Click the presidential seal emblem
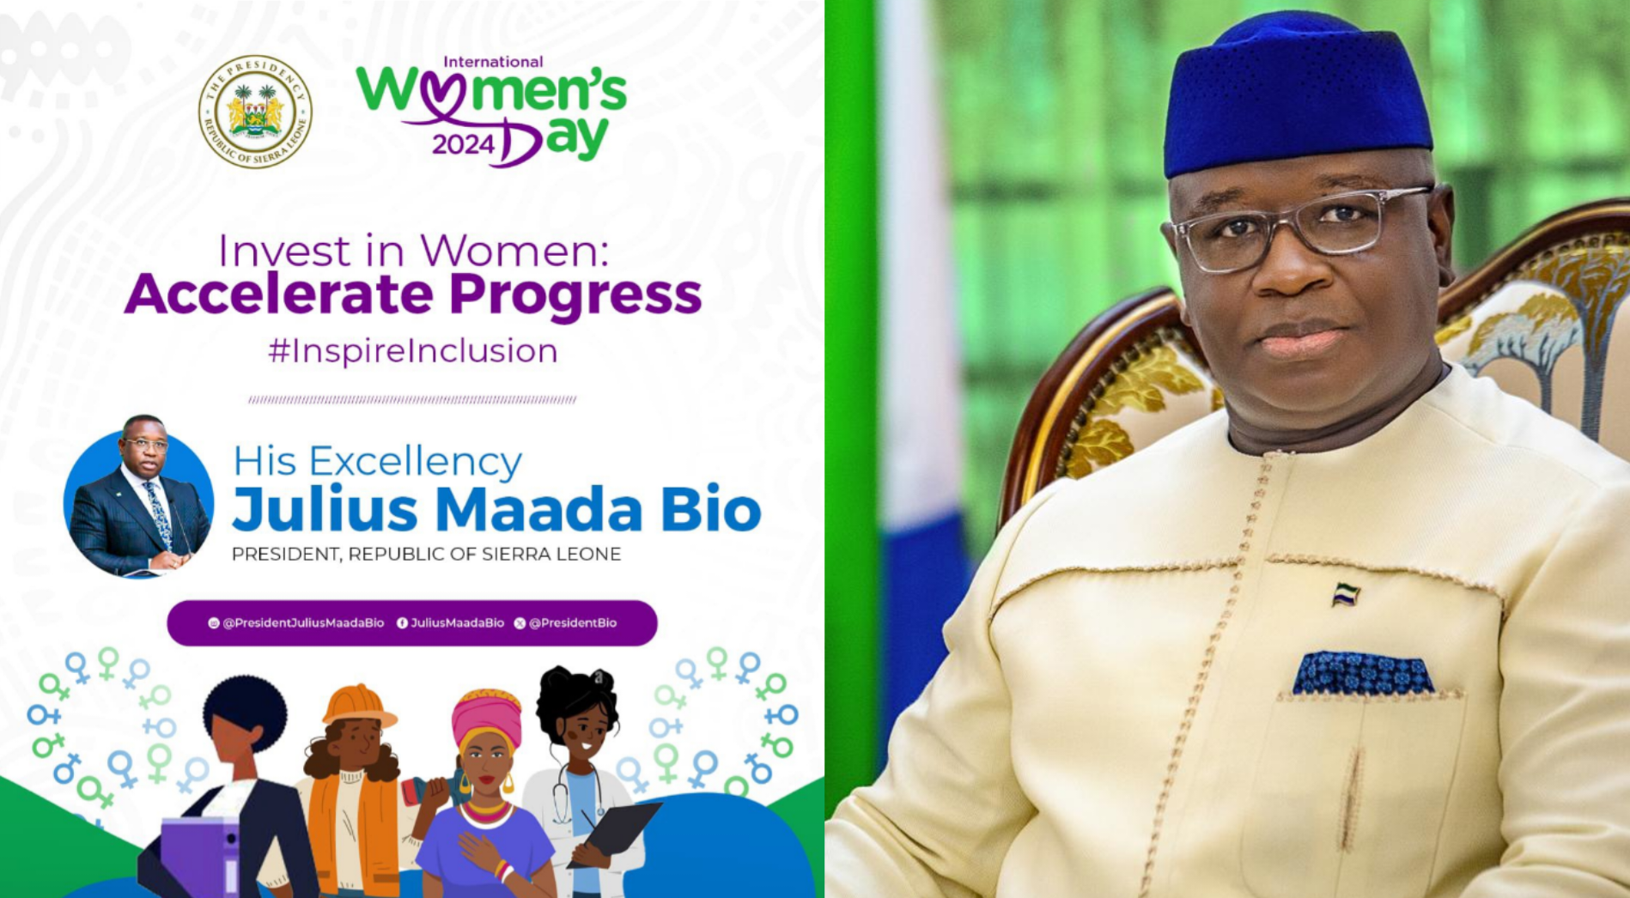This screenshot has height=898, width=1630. pos(255,112)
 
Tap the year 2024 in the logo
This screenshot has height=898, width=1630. pos(463,144)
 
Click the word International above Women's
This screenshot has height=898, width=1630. pos(493,62)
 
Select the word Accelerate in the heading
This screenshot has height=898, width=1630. pos(279,294)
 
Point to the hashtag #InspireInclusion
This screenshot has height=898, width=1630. pos(413,351)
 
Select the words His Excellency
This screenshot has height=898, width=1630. pos(377,462)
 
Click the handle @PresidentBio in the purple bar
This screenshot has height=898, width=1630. pos(572,623)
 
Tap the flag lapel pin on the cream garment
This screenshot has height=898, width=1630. pos(1345,594)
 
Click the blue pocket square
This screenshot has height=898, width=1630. pos(1362,674)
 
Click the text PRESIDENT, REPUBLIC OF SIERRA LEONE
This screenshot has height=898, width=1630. pos(426,555)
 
